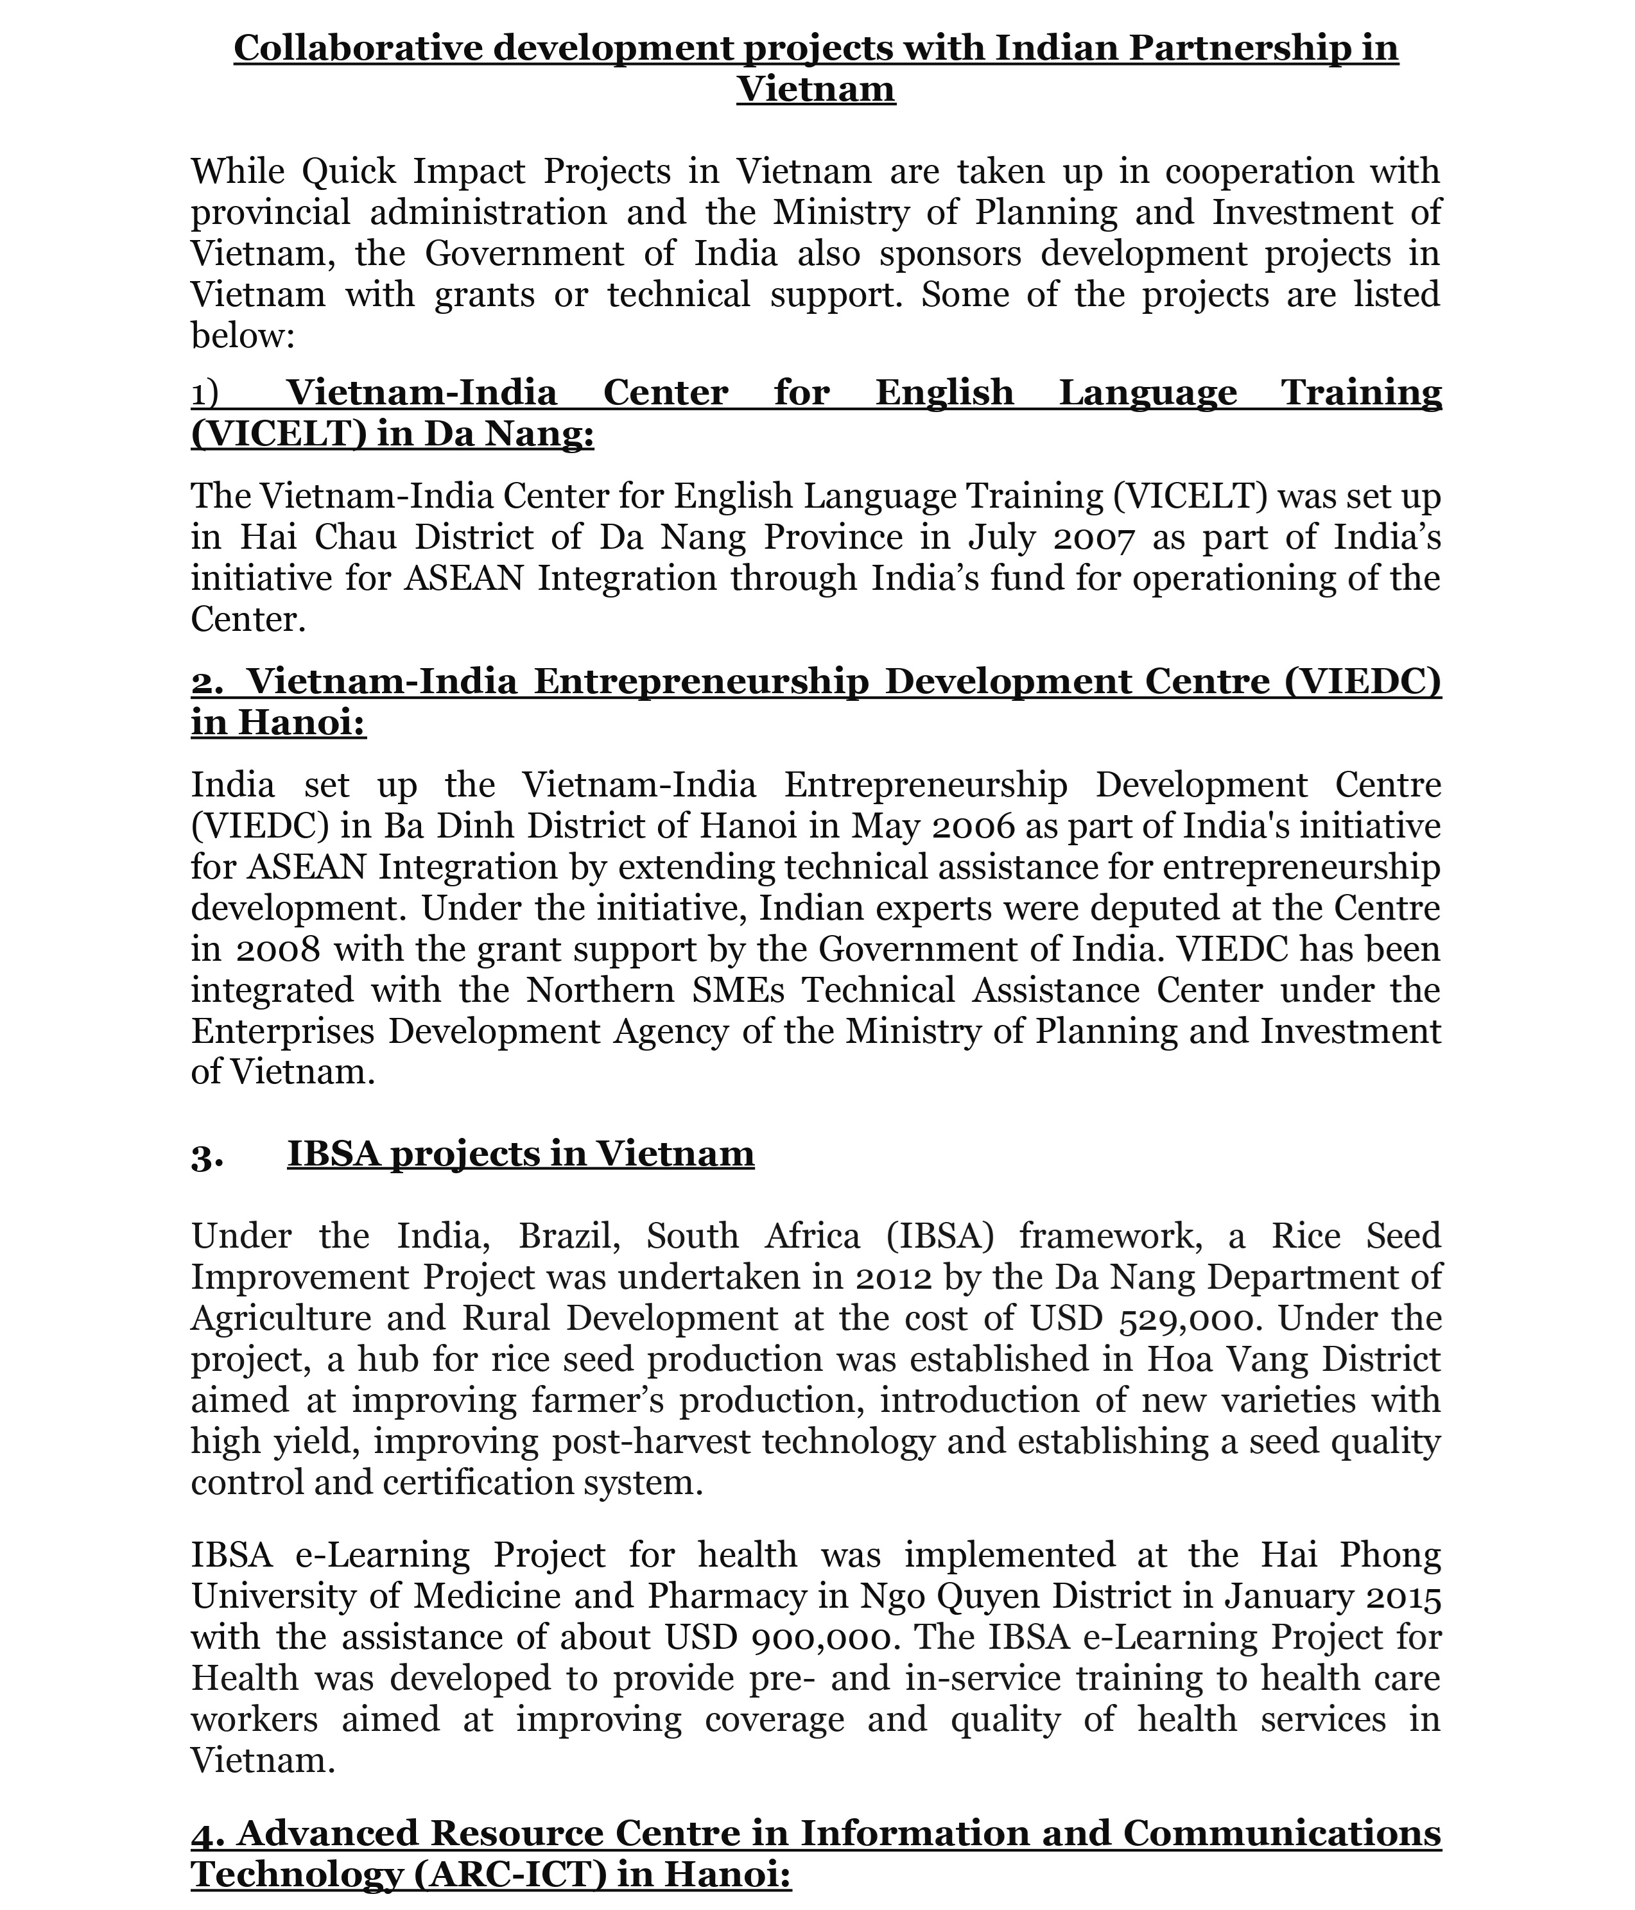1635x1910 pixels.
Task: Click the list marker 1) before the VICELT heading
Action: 205,393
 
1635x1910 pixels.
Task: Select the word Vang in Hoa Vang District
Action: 1265,1360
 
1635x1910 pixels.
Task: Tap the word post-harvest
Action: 651,1441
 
